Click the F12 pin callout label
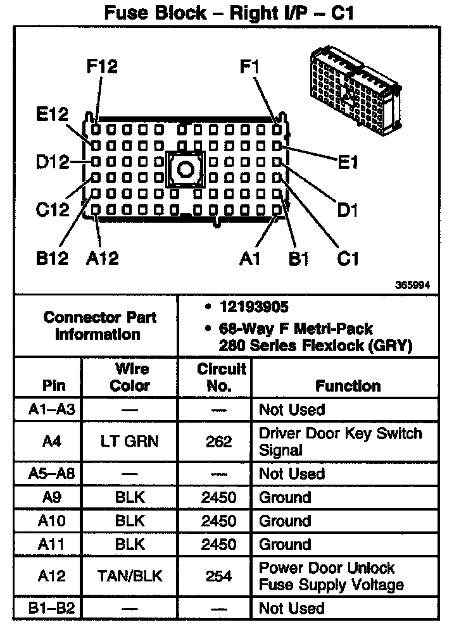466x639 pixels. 102,66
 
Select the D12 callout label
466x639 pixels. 53,162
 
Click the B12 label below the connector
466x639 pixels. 53,258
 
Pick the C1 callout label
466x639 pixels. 348,258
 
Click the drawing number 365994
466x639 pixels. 413,285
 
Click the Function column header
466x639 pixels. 348,386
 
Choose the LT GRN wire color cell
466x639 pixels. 130,442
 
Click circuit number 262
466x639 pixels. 218,442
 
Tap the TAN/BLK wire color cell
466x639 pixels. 130,576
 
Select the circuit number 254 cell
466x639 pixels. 218,576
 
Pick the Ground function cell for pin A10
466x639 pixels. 285,521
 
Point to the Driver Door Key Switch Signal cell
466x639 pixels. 340,442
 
